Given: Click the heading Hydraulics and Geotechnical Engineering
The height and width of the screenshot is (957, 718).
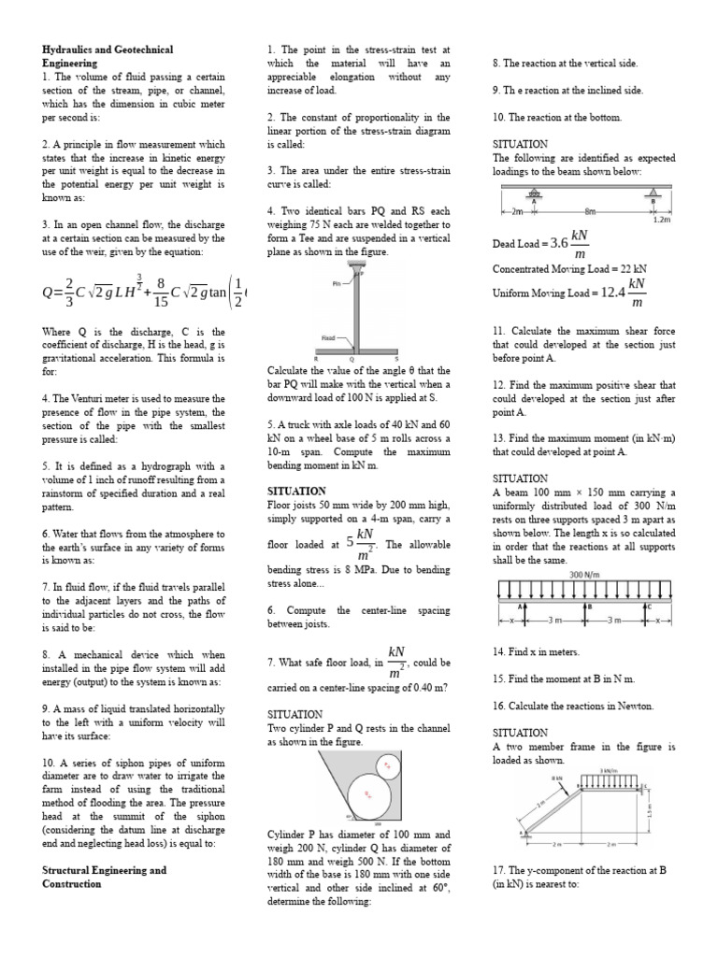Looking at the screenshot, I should point(108,55).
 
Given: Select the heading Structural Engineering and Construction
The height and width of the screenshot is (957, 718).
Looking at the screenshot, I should point(104,877).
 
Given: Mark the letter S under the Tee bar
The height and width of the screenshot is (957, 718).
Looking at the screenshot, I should point(396,358).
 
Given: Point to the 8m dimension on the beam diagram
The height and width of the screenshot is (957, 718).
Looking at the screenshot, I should point(590,210).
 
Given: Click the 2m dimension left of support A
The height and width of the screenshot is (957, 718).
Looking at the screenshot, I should point(516,210).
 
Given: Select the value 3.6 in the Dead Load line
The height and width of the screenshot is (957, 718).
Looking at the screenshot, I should point(560,243).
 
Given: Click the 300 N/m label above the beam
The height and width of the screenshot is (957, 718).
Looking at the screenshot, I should point(586,574).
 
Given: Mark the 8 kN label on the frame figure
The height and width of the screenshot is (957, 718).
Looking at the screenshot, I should point(556,777).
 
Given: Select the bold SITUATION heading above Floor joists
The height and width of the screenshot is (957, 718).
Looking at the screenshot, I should point(296,491).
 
